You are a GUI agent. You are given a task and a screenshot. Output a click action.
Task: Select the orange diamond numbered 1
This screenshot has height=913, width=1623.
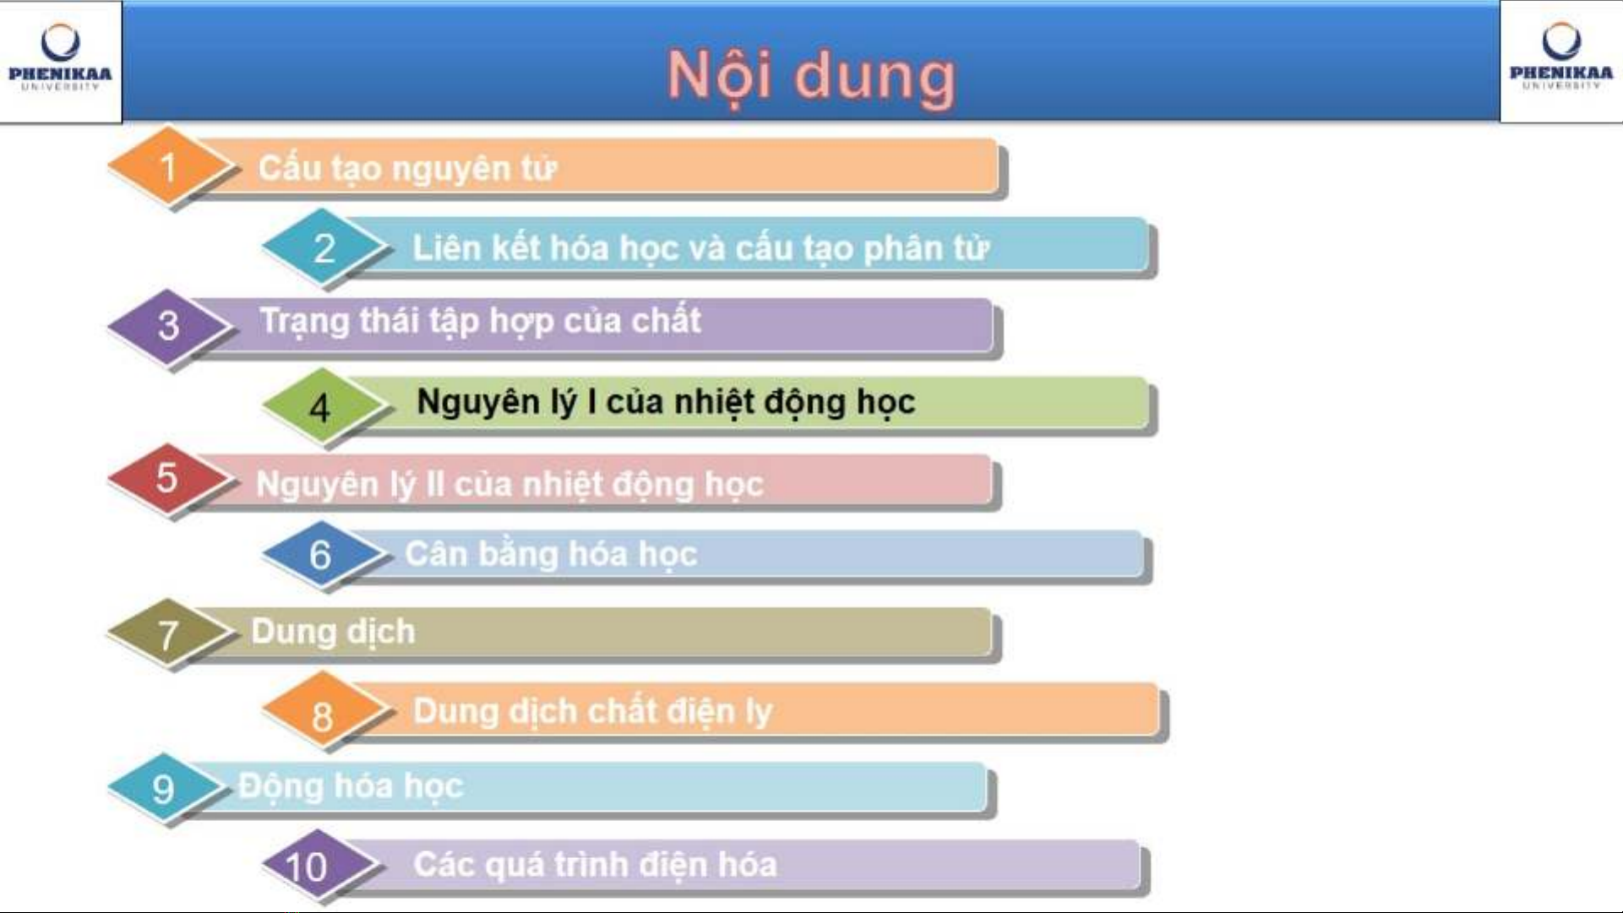[x=169, y=166]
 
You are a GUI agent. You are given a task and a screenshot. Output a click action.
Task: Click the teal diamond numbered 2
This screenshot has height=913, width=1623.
[x=324, y=247]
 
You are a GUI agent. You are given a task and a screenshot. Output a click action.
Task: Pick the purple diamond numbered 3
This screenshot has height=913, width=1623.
[x=169, y=326]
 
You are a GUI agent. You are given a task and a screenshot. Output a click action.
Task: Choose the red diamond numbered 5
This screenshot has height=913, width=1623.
[x=169, y=479]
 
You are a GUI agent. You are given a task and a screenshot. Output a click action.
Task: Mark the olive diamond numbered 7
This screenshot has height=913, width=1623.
[x=169, y=633]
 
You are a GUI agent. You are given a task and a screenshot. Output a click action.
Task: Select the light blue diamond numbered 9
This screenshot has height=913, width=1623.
[x=166, y=787]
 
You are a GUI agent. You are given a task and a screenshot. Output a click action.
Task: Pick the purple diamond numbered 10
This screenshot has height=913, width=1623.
[x=319, y=865]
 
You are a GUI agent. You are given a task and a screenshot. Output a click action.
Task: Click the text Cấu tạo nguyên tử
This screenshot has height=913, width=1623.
[x=407, y=168]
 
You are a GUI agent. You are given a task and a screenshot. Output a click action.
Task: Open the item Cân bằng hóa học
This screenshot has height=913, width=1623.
[x=552, y=555]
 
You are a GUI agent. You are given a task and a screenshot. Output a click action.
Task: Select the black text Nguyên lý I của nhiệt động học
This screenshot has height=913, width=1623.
[x=667, y=402]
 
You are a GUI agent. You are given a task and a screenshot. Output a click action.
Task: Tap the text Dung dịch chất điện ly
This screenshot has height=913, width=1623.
[x=593, y=712]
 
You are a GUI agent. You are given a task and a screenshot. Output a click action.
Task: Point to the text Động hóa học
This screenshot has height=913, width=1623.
[x=351, y=786]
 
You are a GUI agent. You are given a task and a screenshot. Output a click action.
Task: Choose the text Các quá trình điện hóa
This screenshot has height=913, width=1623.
[x=596, y=865]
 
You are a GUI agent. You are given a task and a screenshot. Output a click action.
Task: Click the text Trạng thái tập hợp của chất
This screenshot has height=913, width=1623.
[x=481, y=322]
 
